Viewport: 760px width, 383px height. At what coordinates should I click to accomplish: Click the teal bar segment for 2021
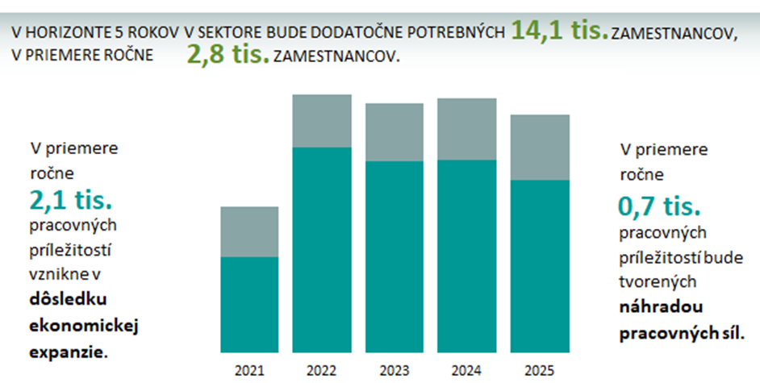[x=249, y=305]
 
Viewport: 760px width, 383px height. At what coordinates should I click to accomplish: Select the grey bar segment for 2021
[x=249, y=231]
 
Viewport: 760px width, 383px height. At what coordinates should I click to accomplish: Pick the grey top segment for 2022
[x=322, y=121]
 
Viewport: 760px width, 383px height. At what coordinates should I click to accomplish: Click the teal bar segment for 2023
[x=395, y=256]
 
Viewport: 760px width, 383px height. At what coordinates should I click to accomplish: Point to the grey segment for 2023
[x=395, y=132]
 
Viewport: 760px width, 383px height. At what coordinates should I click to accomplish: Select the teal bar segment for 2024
[x=466, y=256]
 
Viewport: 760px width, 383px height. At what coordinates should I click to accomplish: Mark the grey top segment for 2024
[x=466, y=129]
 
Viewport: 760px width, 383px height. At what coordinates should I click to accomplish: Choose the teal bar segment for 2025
[x=539, y=266]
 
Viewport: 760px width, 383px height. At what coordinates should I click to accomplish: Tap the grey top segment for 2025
[x=539, y=148]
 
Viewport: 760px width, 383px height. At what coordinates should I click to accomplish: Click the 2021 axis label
[x=249, y=371]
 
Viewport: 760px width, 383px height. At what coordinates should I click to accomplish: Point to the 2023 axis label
[x=395, y=371]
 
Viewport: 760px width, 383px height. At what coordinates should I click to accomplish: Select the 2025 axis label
[x=539, y=371]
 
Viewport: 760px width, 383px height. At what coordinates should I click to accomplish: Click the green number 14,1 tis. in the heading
[x=559, y=31]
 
